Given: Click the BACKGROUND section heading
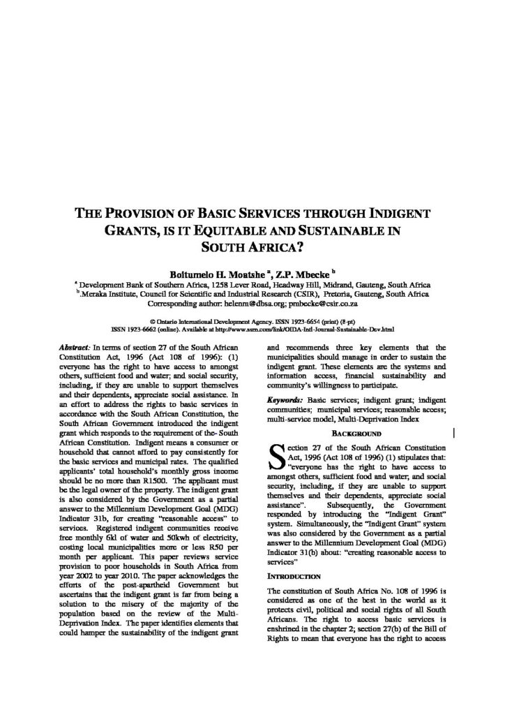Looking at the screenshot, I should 351,434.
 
